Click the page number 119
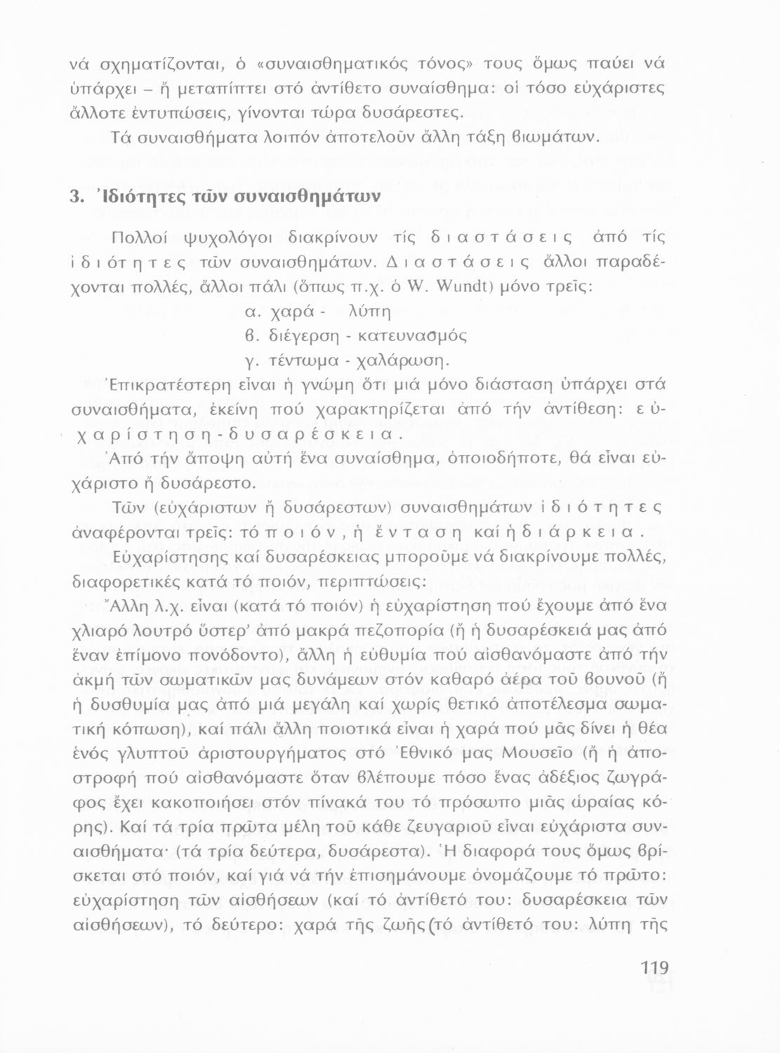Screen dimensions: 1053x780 (655, 968)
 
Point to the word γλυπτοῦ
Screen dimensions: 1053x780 (162, 753)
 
